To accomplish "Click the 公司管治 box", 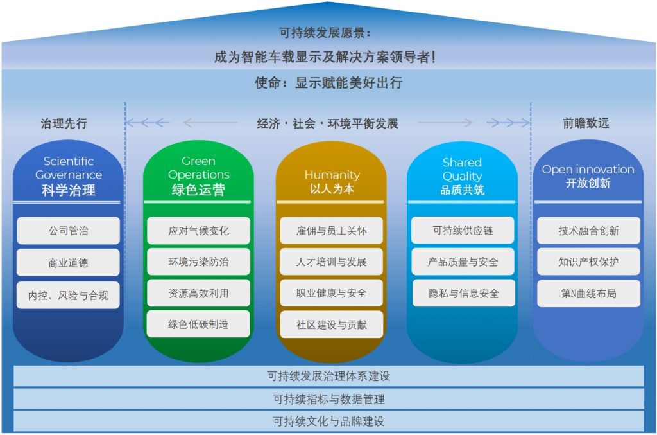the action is coord(68,230).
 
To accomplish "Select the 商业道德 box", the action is coord(68,263).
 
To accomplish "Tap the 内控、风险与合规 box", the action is coord(68,296).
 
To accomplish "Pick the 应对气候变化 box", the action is coord(199,230).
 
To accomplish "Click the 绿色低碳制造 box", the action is coord(199,324).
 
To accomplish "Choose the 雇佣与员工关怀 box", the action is coord(332,230).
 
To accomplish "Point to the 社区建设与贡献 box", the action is coord(332,324).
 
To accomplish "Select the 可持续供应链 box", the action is coord(463,230).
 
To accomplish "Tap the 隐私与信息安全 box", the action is coord(463,293).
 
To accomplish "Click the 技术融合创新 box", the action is coord(589,230).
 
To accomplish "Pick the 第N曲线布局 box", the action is coord(589,294).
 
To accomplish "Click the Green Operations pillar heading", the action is coord(199,175).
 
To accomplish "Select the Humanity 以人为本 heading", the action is coord(332,181).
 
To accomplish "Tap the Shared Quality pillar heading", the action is coord(462,176).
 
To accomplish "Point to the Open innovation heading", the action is coord(588,176).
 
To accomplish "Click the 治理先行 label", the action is coord(64,123).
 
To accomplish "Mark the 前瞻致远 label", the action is coord(586,123).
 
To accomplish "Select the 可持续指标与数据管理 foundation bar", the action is coord(328,399).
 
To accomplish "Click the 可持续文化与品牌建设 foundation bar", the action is coord(328,421).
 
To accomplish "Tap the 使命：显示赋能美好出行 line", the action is coord(328,83).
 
